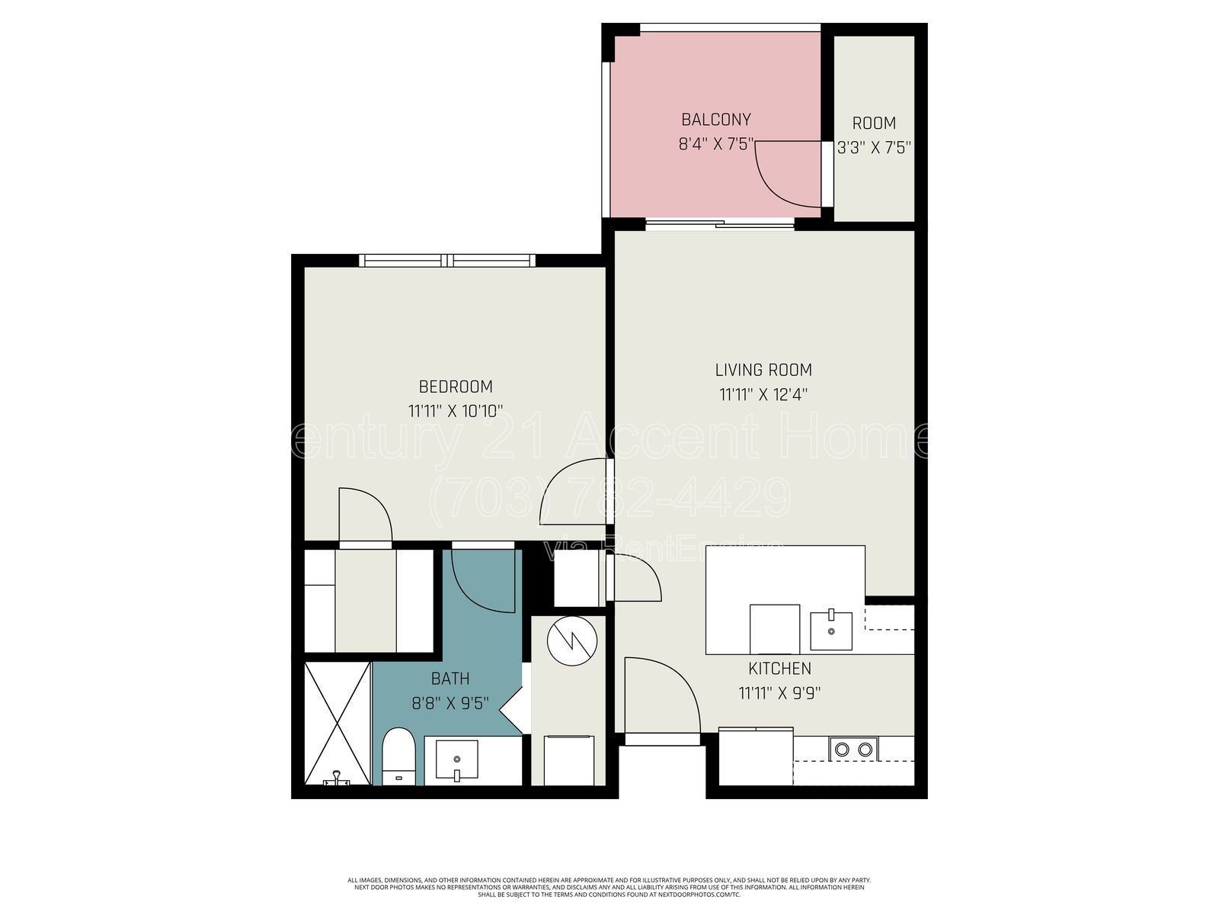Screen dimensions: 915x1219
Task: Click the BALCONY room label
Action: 715,120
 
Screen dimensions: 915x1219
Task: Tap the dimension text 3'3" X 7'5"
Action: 874,147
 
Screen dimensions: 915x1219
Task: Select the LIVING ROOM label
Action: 763,371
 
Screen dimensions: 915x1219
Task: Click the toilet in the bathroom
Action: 397,756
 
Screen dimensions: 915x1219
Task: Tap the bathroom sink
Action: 456,760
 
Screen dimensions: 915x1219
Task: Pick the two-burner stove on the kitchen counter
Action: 853,749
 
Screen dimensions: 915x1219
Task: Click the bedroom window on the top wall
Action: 447,261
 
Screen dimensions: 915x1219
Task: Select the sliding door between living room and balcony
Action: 720,223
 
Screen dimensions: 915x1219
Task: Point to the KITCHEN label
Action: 779,669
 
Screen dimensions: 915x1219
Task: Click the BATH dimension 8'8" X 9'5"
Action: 450,703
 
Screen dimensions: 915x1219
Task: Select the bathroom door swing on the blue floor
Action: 482,579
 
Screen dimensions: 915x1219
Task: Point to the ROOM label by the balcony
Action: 874,123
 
